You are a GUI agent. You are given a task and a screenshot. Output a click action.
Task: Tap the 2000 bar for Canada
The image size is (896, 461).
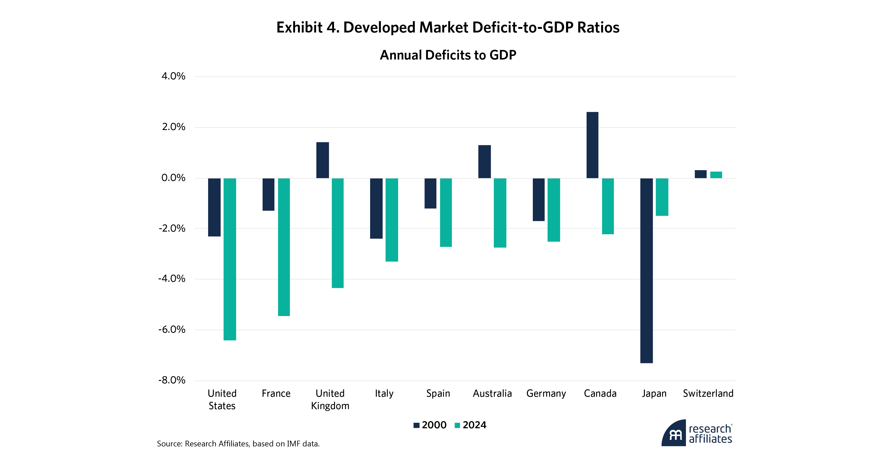coord(592,145)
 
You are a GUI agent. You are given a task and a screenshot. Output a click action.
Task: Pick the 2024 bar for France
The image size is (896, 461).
coord(284,247)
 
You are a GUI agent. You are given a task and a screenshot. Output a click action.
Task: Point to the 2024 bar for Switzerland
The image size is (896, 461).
coord(716,175)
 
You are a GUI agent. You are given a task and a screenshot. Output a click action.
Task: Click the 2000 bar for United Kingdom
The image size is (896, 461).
coord(322,160)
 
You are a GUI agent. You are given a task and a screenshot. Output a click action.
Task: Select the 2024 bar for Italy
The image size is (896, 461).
coord(392,220)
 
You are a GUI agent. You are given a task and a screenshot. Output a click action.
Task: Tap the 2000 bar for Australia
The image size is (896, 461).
coord(485,162)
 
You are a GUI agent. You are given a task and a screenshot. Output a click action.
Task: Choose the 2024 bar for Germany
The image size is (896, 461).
coord(554,210)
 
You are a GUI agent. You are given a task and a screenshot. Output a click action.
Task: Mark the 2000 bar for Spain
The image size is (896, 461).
coord(430,193)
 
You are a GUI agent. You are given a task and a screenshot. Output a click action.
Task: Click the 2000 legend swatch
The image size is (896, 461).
coord(416,425)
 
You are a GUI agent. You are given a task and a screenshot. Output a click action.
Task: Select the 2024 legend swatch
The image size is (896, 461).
coord(457,425)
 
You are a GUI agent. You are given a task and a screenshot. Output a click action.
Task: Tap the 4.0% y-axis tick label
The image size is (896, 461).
coord(173,76)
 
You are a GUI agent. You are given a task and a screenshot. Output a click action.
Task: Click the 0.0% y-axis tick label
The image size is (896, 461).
coord(173,178)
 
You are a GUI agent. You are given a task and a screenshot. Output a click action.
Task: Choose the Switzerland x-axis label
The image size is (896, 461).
coord(708,394)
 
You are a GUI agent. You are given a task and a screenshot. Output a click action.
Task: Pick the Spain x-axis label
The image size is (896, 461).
coord(438,394)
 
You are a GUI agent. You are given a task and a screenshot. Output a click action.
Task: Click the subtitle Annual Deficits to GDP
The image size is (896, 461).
coord(448,55)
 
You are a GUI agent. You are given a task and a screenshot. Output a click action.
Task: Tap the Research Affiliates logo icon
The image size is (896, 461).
coord(674,434)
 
